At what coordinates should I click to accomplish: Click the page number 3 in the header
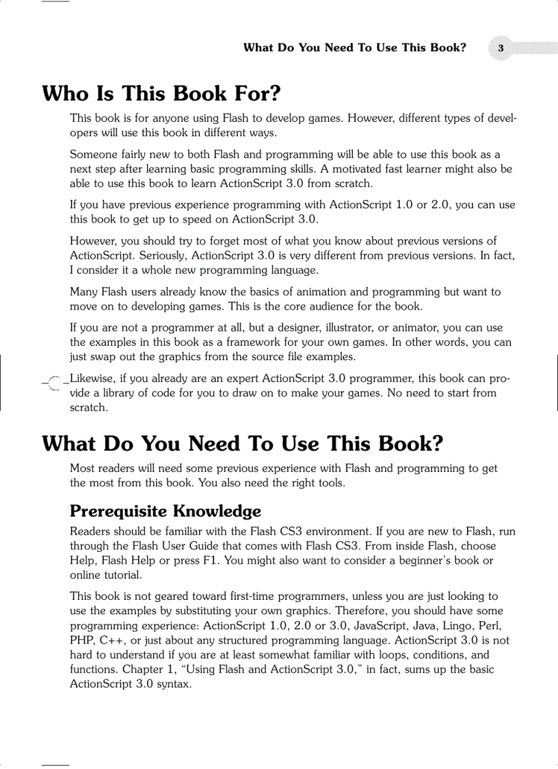pos(501,48)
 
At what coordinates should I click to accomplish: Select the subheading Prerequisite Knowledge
pos(165,511)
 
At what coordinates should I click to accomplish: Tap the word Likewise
pos(94,378)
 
